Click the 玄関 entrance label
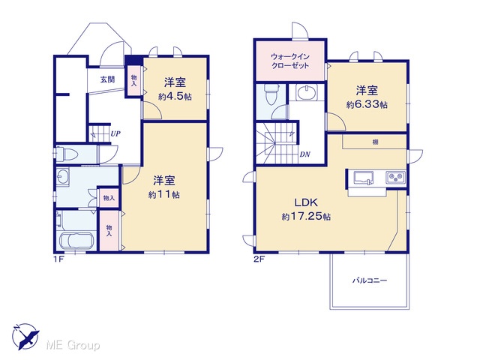coord(108,79)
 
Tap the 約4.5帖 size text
coord(175,97)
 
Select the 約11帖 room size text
coord(164,194)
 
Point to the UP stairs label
coord(115,133)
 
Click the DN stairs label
coord(304,154)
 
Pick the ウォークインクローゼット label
coord(290,61)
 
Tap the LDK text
coord(306,202)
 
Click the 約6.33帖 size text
coord(367,105)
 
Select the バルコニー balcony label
coord(370,280)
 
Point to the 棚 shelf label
coord(375,142)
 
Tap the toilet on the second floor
coord(271,94)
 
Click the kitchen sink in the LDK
coord(363,178)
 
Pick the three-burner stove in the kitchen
coord(395,177)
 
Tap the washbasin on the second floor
coord(307,92)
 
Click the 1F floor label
coord(58,259)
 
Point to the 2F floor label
coord(259,259)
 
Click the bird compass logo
coord(25,336)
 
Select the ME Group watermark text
coord(73,346)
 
